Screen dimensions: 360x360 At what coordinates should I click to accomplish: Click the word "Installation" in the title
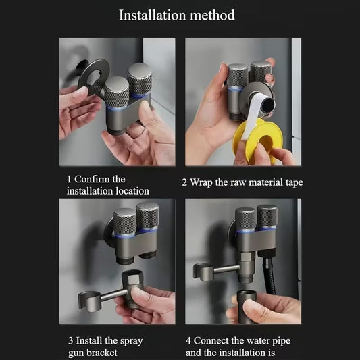(x=152, y=15)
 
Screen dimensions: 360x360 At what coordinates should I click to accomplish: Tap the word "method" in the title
(x=212, y=15)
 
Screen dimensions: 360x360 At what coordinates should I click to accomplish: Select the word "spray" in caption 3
(x=132, y=341)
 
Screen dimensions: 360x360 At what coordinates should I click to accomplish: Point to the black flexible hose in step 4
(x=270, y=275)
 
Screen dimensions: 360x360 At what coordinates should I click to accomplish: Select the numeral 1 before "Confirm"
(x=69, y=179)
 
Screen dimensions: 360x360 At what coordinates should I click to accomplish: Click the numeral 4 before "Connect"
(x=188, y=340)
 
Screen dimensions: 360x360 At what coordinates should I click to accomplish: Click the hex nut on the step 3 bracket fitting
(x=132, y=278)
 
